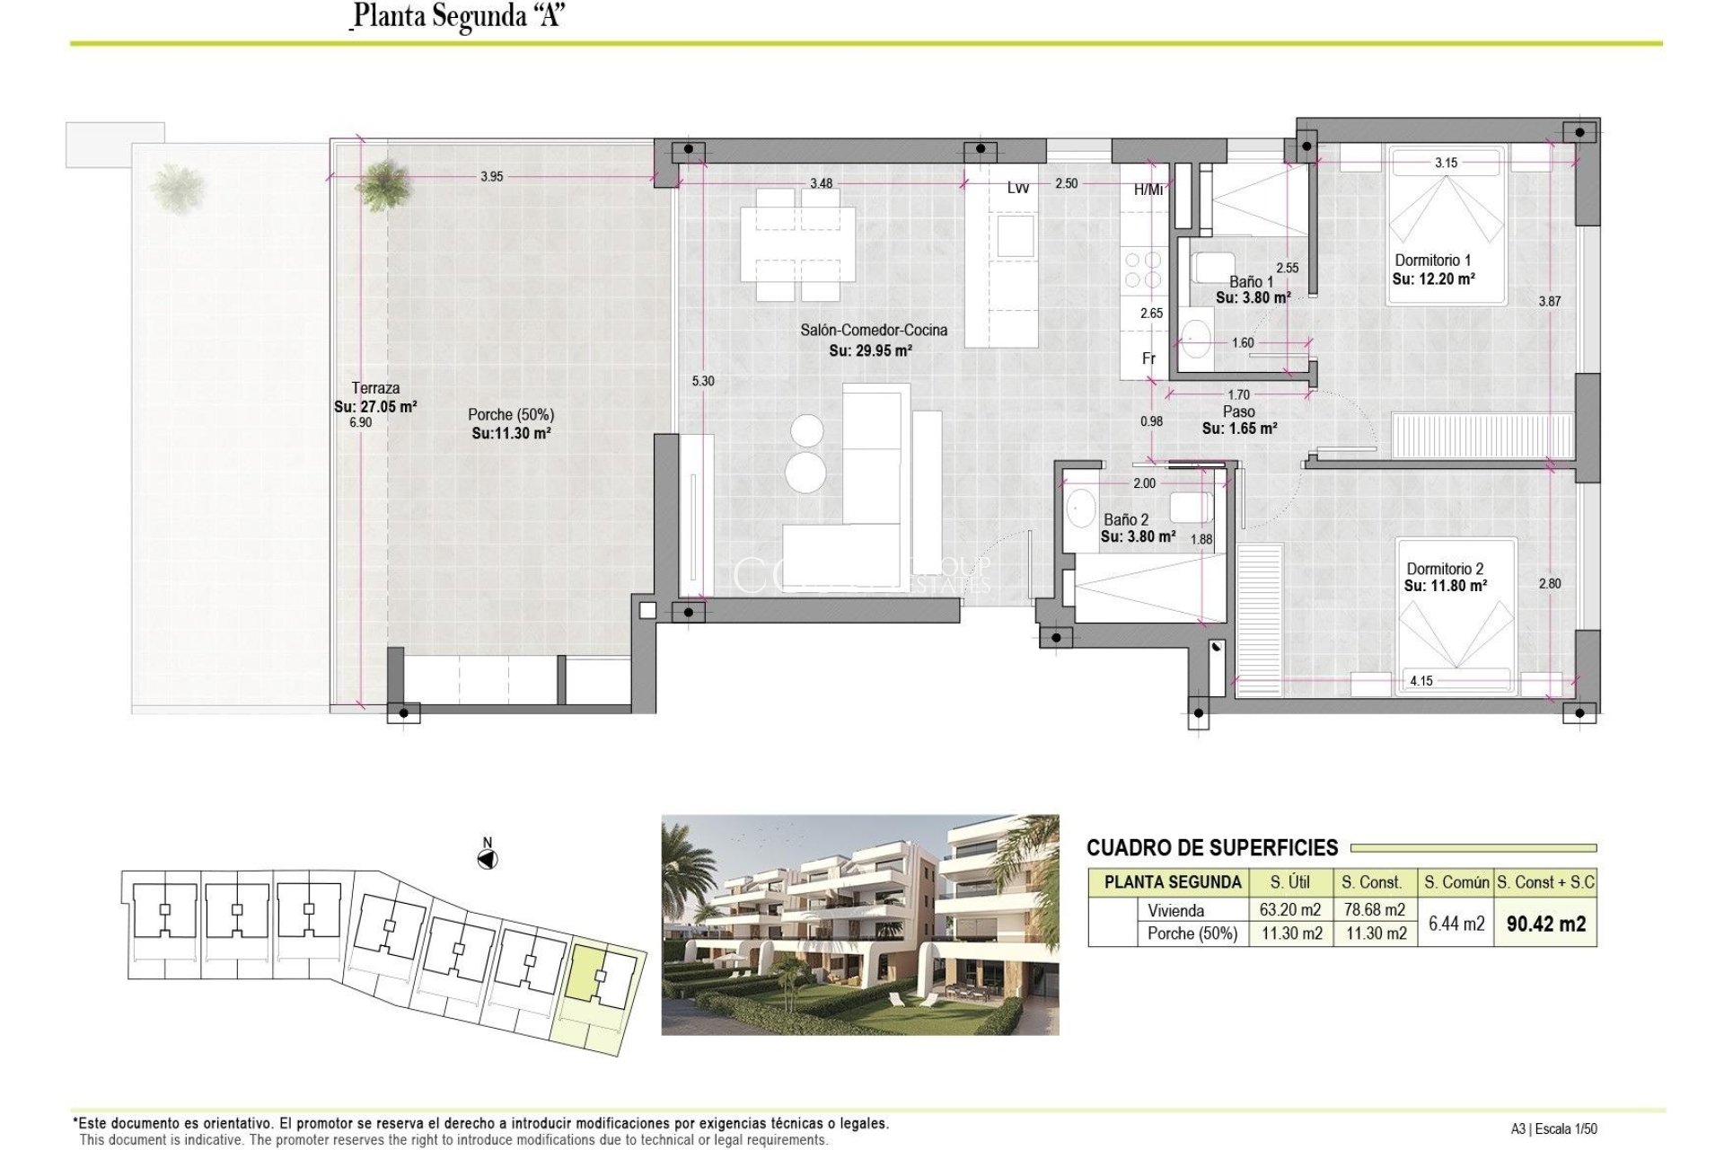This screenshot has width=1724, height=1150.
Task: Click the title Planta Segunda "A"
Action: [458, 17]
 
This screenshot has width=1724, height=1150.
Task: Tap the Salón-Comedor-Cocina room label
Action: [873, 330]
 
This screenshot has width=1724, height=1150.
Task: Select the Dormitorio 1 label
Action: [1432, 261]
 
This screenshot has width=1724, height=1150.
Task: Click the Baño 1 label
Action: [1251, 281]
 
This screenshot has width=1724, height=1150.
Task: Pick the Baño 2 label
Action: [1126, 519]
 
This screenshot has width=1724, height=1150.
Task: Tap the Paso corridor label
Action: [1238, 411]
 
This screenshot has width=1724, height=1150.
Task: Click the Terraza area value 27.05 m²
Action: [375, 406]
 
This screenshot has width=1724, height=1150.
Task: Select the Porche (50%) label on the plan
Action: [510, 414]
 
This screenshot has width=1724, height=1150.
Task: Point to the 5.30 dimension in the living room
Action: [703, 381]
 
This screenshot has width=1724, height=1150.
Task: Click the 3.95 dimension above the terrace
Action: [491, 176]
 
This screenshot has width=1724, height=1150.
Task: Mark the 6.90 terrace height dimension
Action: [360, 422]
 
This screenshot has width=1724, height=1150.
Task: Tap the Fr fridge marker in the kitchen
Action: [1148, 358]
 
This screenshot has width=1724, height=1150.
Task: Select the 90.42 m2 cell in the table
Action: [1545, 923]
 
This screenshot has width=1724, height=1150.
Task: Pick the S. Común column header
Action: [1456, 882]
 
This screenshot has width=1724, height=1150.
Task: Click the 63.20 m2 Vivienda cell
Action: [1290, 910]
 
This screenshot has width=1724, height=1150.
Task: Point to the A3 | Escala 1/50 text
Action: [1553, 1129]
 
